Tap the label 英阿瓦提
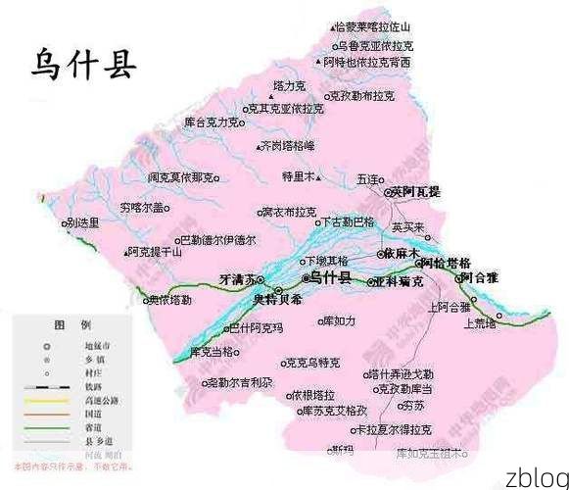point(416,192)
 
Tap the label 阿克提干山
point(154,252)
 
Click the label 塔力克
point(263,86)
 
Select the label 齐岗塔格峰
point(288,145)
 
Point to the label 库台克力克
point(212,123)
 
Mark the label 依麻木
point(403,253)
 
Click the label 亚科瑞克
point(399,281)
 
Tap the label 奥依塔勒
point(170,299)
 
